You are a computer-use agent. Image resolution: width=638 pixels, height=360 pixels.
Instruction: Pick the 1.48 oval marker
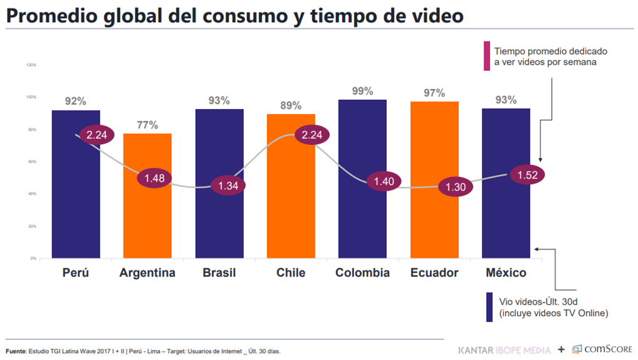point(154,178)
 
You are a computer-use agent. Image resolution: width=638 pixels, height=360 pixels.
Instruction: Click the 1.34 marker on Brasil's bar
point(228,186)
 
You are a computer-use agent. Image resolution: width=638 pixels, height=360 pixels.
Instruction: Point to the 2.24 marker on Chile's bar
point(311,135)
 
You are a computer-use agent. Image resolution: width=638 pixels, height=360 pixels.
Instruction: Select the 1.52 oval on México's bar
point(528,175)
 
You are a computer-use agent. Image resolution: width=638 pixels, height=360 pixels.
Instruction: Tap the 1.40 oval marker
point(383,182)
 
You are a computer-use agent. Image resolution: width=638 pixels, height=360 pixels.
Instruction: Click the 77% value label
point(147,125)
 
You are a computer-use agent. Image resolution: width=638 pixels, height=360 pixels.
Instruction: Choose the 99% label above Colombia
point(362,91)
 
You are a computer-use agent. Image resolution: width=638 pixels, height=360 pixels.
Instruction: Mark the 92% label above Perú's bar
point(76,101)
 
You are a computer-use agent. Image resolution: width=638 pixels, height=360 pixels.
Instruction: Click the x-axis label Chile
point(291,273)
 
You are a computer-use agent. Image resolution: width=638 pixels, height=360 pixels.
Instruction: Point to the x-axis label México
point(506,273)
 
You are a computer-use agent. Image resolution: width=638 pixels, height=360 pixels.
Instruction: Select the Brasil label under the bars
point(219,273)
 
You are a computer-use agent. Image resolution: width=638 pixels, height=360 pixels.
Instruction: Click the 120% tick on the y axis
point(31,65)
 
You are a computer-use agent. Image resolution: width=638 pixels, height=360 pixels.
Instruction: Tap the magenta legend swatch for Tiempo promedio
point(486,56)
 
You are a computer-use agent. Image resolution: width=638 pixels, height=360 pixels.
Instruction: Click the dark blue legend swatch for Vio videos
point(489,307)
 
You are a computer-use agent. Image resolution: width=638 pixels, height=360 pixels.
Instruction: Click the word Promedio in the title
point(51,16)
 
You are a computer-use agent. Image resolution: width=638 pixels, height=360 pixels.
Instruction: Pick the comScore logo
point(602,349)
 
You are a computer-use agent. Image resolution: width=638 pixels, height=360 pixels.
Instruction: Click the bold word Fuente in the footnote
point(16,351)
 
